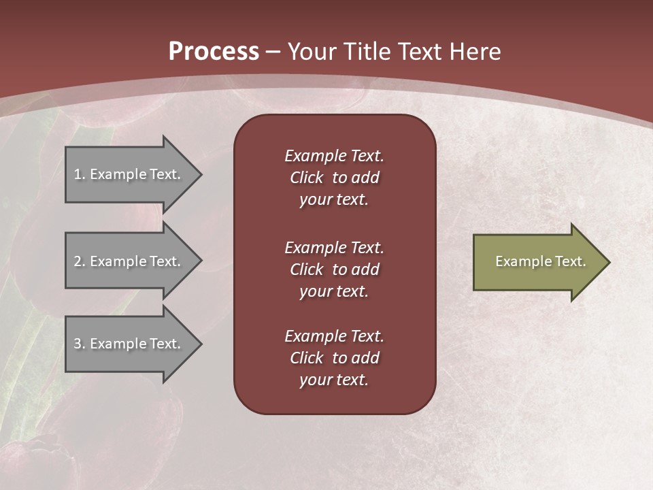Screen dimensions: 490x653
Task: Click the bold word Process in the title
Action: (214, 51)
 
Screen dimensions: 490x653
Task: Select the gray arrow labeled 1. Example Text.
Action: (129, 174)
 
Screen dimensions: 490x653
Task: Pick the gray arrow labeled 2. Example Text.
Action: (129, 261)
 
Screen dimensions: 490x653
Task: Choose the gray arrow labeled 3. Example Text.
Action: (129, 344)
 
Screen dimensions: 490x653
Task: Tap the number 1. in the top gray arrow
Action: (80, 174)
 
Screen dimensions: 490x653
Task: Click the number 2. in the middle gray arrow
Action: (80, 261)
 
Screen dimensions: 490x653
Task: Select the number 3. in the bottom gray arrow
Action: (80, 344)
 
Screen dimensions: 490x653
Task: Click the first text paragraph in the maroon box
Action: (334, 178)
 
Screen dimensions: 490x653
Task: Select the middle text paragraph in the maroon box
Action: (334, 269)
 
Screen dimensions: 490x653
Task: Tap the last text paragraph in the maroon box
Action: (334, 358)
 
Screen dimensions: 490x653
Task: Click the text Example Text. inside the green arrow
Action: (540, 261)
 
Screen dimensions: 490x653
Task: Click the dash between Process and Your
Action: (273, 52)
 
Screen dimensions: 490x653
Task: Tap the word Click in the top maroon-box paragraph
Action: (306, 178)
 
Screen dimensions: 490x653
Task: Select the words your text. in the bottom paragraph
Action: (334, 380)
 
